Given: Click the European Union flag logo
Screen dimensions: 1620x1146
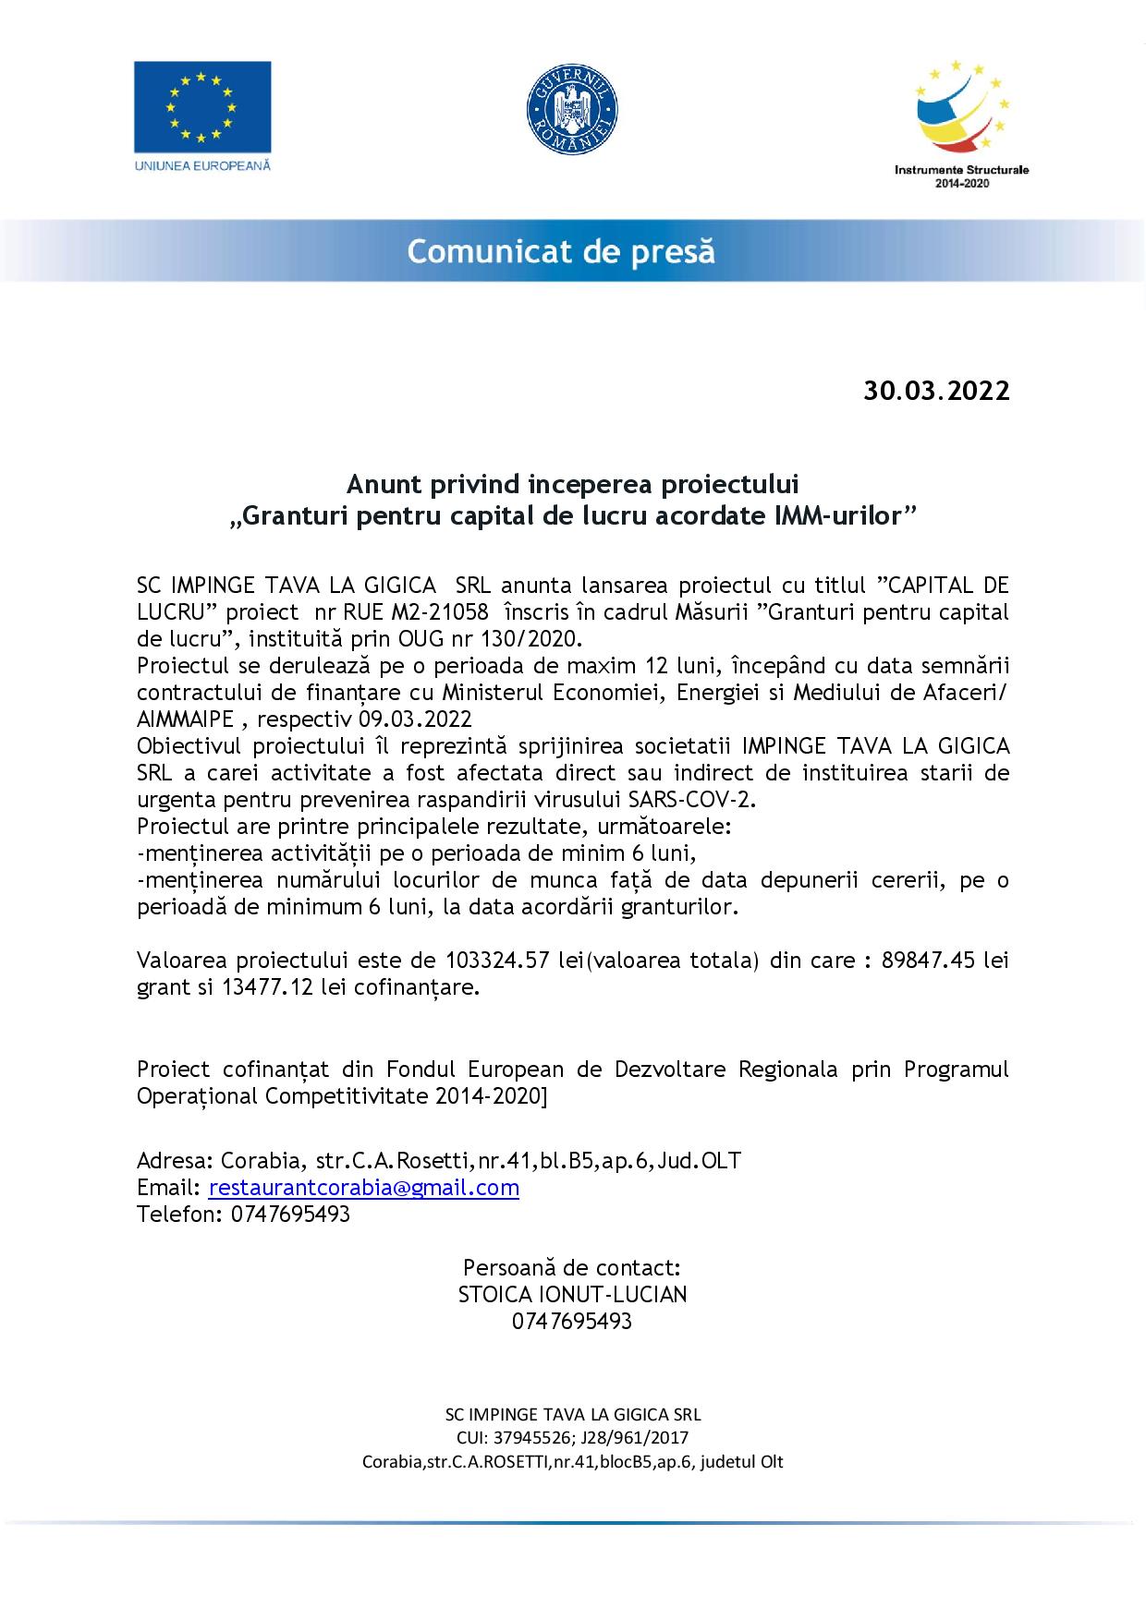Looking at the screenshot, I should tap(202, 106).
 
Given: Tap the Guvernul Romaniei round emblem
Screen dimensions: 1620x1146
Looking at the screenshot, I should tap(572, 109).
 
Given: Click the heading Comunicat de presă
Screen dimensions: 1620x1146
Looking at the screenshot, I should tap(561, 251).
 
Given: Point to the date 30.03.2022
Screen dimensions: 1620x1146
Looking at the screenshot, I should tap(936, 391).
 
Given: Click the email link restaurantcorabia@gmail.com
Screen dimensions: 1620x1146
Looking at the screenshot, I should tap(363, 1188).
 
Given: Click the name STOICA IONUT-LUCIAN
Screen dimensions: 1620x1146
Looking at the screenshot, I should tap(572, 1295).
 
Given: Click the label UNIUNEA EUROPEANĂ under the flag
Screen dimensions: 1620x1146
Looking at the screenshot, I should tap(202, 164).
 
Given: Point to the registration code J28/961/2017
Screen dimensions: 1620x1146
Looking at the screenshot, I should tap(638, 1437).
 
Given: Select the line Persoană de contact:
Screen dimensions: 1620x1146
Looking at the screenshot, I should tap(572, 1267).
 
